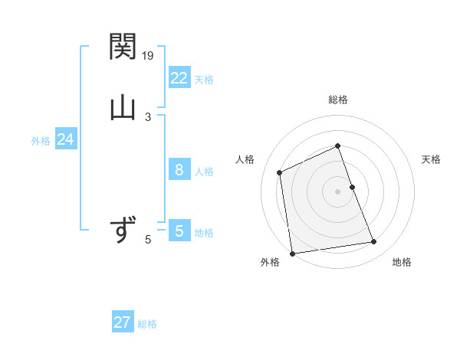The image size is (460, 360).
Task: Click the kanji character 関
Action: (x=122, y=47)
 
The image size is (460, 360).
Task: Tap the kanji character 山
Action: (x=122, y=107)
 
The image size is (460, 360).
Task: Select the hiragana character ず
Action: (x=122, y=230)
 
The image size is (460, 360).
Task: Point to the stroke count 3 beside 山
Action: (x=148, y=116)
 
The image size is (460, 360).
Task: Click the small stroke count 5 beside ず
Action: (x=148, y=240)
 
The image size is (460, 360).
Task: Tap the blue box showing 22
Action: (x=179, y=78)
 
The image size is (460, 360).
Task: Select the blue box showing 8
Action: (x=179, y=170)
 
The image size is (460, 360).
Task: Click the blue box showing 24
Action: (x=65, y=139)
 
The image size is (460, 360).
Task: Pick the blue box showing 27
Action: (x=122, y=322)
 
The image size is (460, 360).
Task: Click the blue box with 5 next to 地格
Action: (x=179, y=231)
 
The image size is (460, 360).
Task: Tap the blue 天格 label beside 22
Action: (x=204, y=80)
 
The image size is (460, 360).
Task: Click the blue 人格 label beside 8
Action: (x=204, y=172)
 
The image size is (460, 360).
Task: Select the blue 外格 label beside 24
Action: (x=41, y=141)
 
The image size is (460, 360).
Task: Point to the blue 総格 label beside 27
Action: (x=147, y=324)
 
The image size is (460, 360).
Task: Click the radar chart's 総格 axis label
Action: (x=337, y=100)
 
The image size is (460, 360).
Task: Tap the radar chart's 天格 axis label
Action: (x=431, y=159)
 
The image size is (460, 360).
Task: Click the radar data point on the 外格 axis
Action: (x=292, y=253)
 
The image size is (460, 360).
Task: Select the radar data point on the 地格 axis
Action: (x=374, y=242)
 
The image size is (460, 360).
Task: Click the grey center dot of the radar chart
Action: (x=337, y=191)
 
